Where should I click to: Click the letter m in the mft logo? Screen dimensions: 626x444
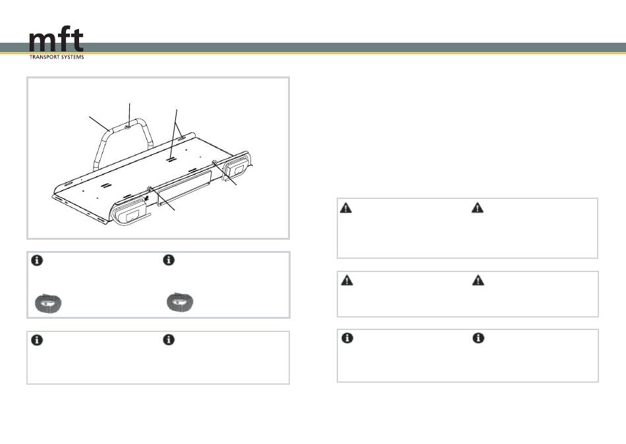pos(43,42)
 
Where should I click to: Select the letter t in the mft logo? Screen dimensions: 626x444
pos(78,40)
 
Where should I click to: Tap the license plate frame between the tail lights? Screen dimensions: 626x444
pos(184,187)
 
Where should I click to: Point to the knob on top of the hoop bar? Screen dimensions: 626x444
pos(128,126)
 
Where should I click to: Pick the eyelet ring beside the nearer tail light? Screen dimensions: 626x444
pos(150,188)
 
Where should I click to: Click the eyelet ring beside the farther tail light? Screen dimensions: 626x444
pos(214,162)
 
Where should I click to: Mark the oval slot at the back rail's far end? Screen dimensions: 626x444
pos(182,138)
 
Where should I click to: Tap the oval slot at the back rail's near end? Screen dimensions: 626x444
pos(68,184)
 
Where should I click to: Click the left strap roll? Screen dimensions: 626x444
pos(48,303)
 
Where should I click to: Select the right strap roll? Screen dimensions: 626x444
pos(180,302)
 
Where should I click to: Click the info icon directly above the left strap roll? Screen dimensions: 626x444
pos(37,260)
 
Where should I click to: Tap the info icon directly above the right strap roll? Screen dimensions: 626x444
pos(169,260)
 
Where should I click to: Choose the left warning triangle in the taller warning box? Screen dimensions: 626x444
pos(346,208)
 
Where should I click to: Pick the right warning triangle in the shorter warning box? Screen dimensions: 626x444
pos(478,280)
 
